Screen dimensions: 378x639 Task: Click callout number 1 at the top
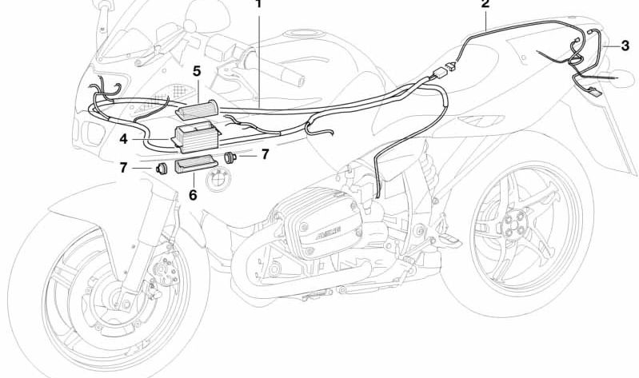[258, 4]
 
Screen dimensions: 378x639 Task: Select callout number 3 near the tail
[625, 46]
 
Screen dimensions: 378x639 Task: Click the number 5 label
[196, 72]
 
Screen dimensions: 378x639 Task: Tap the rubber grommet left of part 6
[161, 169]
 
